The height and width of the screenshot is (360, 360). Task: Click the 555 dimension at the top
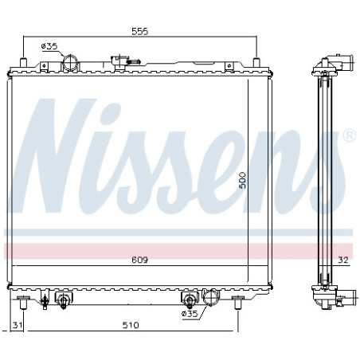pyautogui.click(x=141, y=32)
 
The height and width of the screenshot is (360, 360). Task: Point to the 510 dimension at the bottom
pyautogui.click(x=131, y=325)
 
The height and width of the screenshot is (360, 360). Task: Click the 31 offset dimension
pyautogui.click(x=17, y=325)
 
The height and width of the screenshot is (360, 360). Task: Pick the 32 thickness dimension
pyautogui.click(x=341, y=259)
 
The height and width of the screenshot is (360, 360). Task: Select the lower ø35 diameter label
pyautogui.click(x=190, y=315)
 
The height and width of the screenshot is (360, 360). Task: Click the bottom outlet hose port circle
pyautogui.click(x=210, y=299)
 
